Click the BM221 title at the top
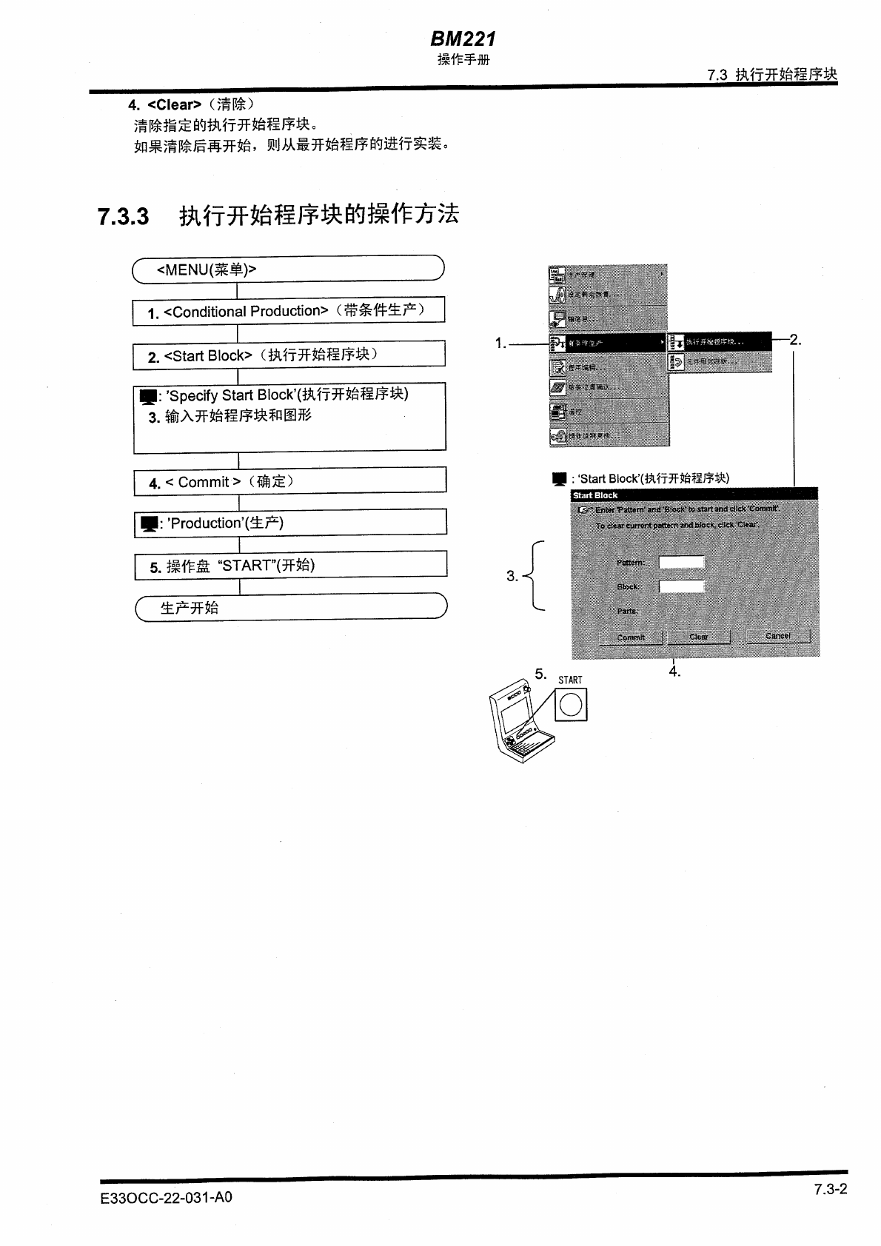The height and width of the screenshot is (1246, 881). coord(463,38)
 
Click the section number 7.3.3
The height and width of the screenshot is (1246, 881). coord(123,217)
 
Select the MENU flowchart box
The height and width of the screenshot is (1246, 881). coord(288,269)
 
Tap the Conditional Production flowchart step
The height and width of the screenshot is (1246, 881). coord(288,311)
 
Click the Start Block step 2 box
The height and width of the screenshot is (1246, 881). coord(288,355)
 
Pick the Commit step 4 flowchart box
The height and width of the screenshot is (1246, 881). coord(289,481)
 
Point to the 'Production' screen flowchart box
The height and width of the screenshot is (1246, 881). coord(289,523)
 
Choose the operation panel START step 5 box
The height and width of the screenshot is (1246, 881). coord(290,565)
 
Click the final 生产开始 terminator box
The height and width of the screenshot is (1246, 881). coord(291,607)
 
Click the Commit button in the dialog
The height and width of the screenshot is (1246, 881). coord(631,637)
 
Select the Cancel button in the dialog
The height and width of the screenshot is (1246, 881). coord(777,636)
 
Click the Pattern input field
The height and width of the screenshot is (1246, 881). coord(681,562)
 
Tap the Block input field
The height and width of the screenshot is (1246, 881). coord(681,586)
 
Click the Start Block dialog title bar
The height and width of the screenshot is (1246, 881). coord(694,495)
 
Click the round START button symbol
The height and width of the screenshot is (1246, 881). coord(571,704)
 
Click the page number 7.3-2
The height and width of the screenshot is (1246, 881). coord(830,1189)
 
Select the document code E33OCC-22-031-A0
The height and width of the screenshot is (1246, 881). coord(167,1197)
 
